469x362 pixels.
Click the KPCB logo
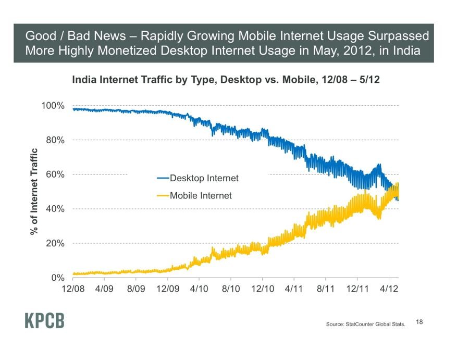click(44, 320)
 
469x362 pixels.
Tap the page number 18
click(420, 322)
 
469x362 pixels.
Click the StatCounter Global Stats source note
click(365, 324)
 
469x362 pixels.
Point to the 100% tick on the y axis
click(53, 106)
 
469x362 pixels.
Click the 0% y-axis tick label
click(57, 278)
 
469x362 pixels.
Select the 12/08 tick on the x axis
click(73, 288)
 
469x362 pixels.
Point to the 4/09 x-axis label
click(104, 288)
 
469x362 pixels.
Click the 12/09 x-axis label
click(168, 288)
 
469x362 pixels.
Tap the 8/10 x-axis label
click(231, 288)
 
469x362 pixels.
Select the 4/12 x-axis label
click(389, 288)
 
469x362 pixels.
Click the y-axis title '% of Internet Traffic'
click(34, 192)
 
